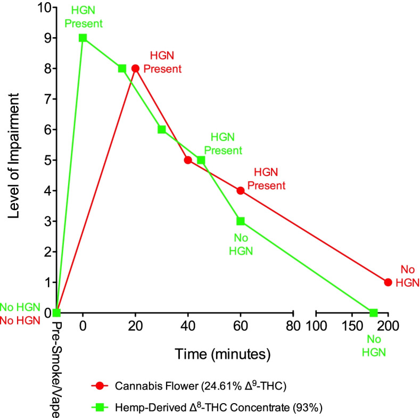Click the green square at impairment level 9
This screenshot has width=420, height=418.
[83, 38]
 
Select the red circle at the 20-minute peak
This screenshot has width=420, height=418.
[135, 69]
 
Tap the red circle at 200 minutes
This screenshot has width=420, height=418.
[388, 282]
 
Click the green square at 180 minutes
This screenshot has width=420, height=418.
[374, 313]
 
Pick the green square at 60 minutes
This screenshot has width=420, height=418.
[241, 221]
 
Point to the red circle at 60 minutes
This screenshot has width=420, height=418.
[241, 190]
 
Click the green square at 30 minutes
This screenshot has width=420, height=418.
[161, 129]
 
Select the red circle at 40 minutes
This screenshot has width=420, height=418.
[188, 160]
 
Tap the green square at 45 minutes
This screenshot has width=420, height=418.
[201, 160]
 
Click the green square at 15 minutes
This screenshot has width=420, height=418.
[122, 69]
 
